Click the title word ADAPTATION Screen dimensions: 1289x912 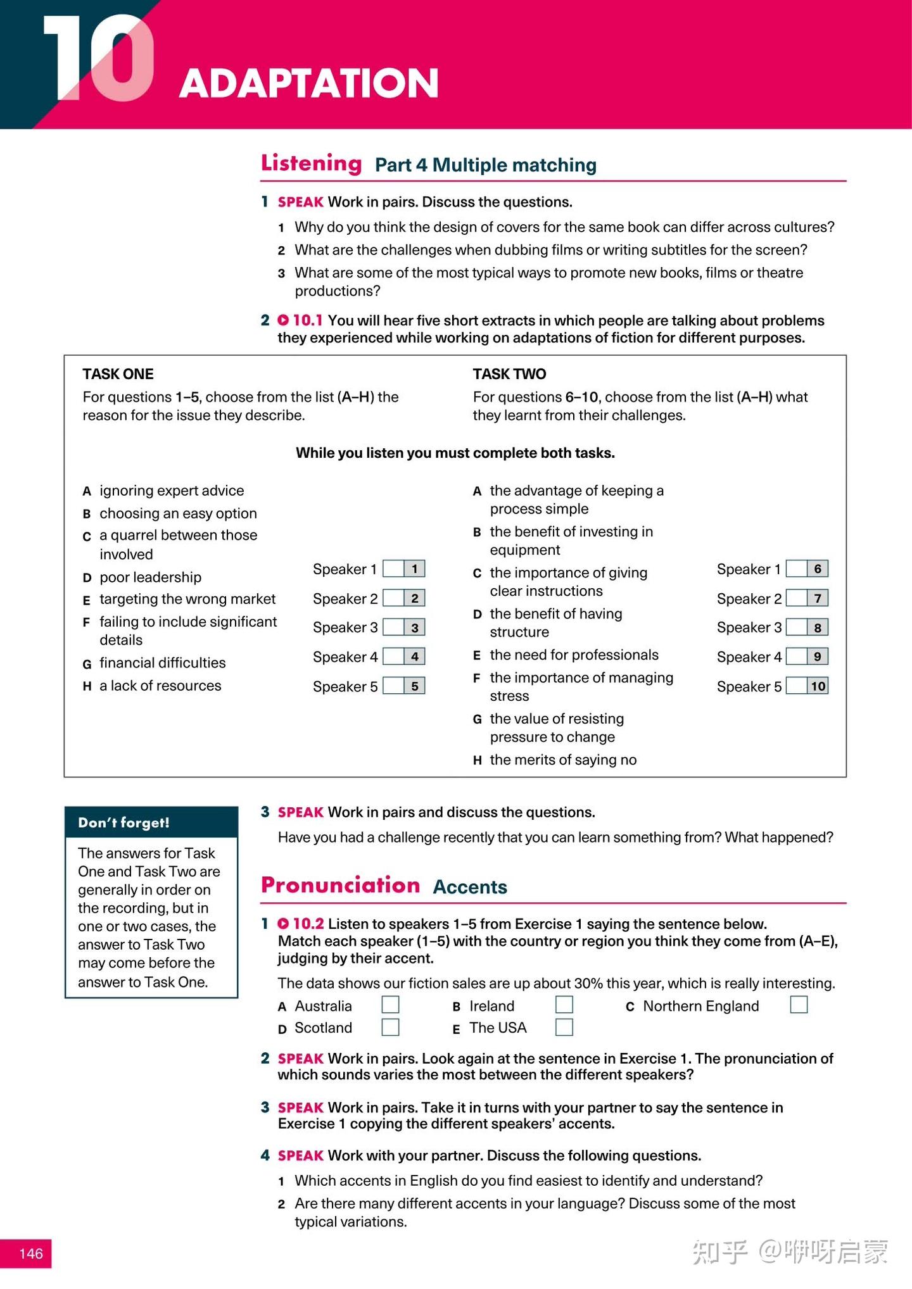(308, 83)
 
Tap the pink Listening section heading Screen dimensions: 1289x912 (311, 163)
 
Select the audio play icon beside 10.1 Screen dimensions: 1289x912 (283, 320)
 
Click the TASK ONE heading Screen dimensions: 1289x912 (118, 374)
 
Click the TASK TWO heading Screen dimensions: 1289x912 (509, 374)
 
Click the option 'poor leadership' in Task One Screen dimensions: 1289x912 (150, 577)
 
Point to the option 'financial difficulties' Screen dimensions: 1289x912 (162, 663)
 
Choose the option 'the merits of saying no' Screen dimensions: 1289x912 (563, 760)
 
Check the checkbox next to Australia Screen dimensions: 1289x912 (390, 1005)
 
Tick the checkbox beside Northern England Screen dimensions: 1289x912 (799, 1005)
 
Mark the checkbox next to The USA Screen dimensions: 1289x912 (564, 1027)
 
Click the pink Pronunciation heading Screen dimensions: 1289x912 (340, 885)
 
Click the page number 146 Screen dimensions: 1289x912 (30, 1254)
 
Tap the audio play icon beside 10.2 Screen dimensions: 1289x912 (283, 924)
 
